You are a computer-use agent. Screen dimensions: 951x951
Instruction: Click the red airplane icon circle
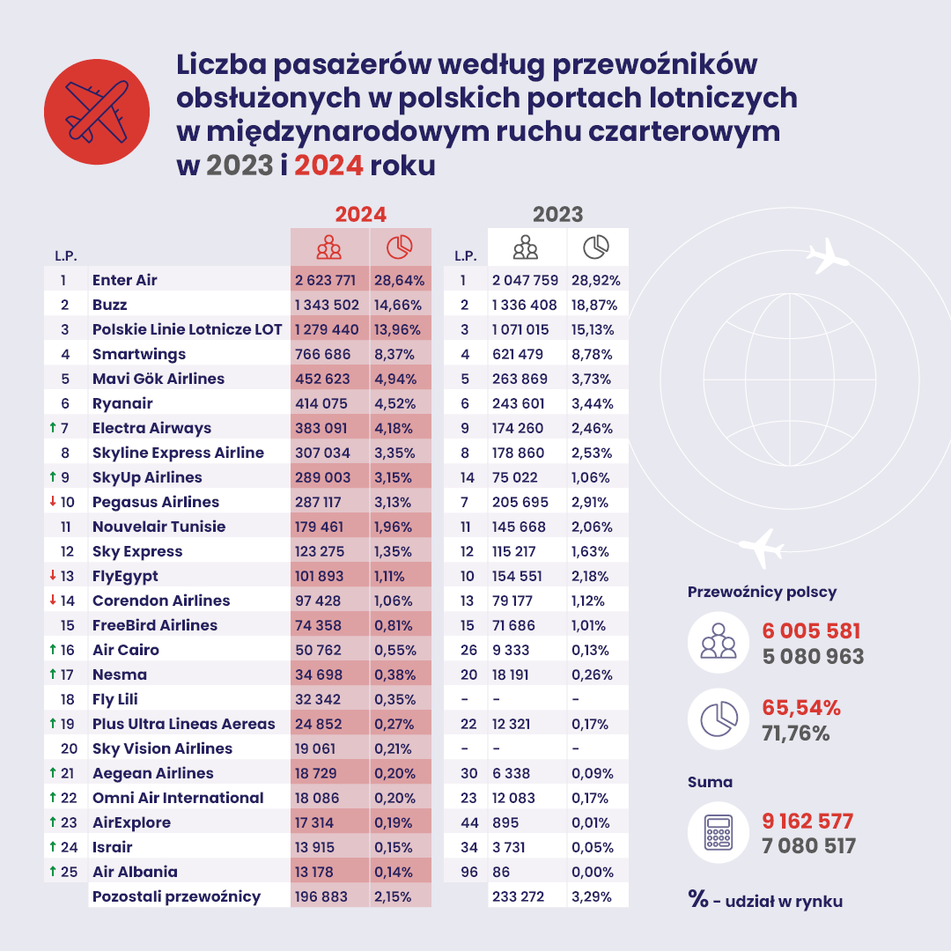96,112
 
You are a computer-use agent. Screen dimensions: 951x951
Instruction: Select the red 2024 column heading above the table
360,215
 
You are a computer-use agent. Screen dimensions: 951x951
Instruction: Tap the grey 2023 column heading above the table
557,215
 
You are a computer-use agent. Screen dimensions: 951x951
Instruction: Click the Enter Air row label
124,281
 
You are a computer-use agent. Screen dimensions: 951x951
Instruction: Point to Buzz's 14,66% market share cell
398,306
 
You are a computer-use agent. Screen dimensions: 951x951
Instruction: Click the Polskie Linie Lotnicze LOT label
187,330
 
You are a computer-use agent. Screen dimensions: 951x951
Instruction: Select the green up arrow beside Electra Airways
53,428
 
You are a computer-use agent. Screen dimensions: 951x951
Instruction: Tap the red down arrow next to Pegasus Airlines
53,502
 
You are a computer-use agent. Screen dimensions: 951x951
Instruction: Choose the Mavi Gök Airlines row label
158,380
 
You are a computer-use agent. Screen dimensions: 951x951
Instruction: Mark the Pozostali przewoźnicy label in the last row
176,896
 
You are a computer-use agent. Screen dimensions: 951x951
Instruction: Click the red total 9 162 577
807,822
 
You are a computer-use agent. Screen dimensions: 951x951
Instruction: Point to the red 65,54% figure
800,708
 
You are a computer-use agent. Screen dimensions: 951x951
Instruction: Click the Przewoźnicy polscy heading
762,593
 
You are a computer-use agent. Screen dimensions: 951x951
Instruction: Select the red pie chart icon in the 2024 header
400,247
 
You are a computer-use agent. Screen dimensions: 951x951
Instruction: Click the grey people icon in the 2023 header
525,247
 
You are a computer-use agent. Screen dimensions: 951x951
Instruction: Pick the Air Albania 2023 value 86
503,872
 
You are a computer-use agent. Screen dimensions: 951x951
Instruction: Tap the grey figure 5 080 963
812,657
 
